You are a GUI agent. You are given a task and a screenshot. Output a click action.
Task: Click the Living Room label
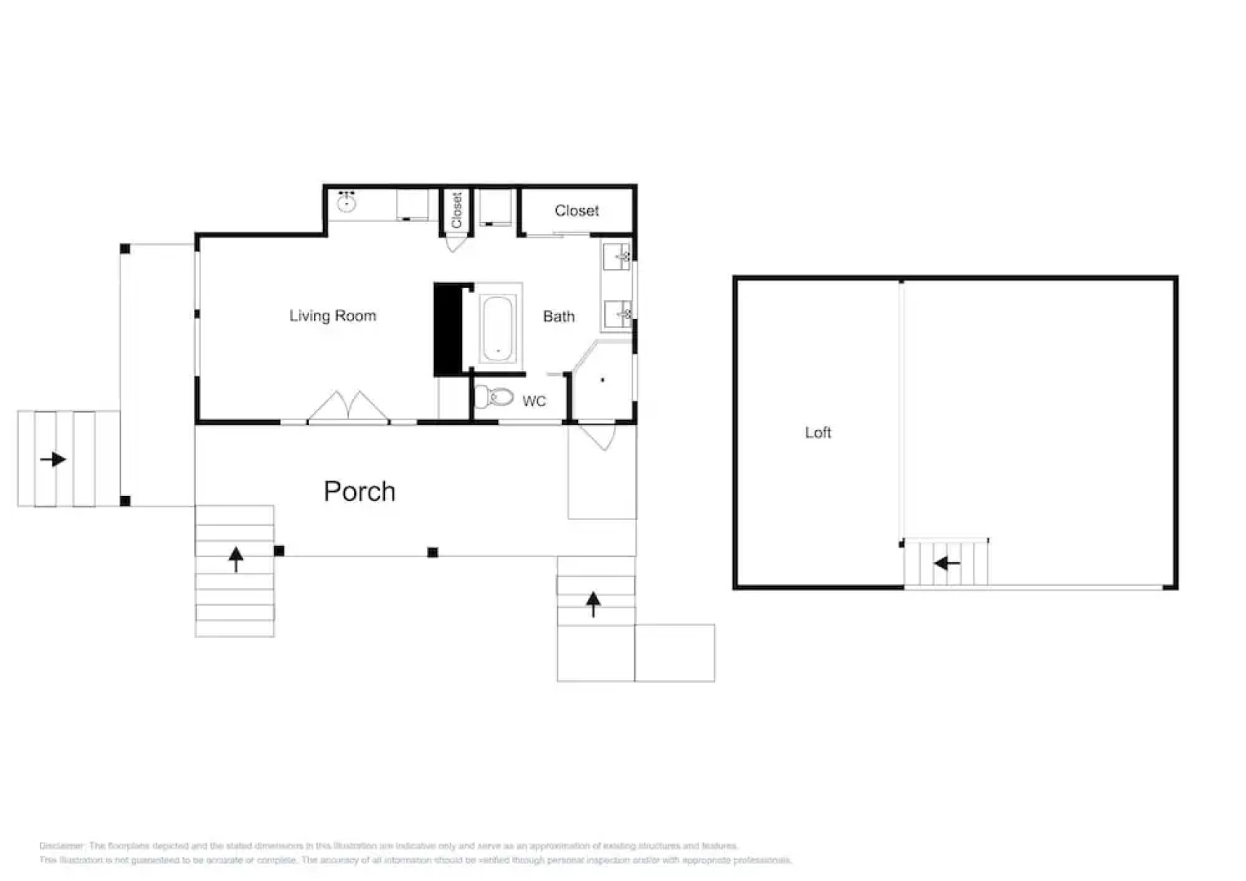click(333, 316)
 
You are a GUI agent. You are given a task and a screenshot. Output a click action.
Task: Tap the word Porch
click(360, 491)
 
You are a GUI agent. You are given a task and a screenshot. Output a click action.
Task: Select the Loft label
click(818, 432)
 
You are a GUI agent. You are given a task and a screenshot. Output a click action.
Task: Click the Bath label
click(559, 317)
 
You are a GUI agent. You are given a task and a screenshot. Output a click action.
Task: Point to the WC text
click(534, 401)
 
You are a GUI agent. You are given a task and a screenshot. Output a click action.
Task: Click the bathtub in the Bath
click(497, 328)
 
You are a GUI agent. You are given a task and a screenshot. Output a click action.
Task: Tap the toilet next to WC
click(494, 397)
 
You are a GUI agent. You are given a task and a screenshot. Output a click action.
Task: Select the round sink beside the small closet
click(347, 201)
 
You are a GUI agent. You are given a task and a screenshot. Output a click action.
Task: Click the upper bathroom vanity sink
click(618, 257)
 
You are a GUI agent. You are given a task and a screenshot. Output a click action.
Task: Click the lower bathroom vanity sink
click(618, 314)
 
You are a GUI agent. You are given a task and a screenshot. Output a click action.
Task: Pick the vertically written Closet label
click(457, 210)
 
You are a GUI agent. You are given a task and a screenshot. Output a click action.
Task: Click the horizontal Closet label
click(577, 210)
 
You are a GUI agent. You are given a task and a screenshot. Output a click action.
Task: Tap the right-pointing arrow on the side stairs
click(53, 459)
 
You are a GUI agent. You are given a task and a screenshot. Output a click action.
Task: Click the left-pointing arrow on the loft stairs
click(947, 563)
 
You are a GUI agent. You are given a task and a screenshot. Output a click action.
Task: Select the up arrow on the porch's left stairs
click(236, 559)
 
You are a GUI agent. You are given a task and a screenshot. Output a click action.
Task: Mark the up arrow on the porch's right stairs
click(594, 604)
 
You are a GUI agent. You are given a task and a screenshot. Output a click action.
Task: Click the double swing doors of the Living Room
click(348, 407)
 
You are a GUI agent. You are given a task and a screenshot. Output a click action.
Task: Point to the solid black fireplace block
click(447, 330)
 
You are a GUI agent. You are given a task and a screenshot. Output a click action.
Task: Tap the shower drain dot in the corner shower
click(603, 380)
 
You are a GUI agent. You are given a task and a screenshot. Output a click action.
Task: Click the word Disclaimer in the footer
click(62, 846)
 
